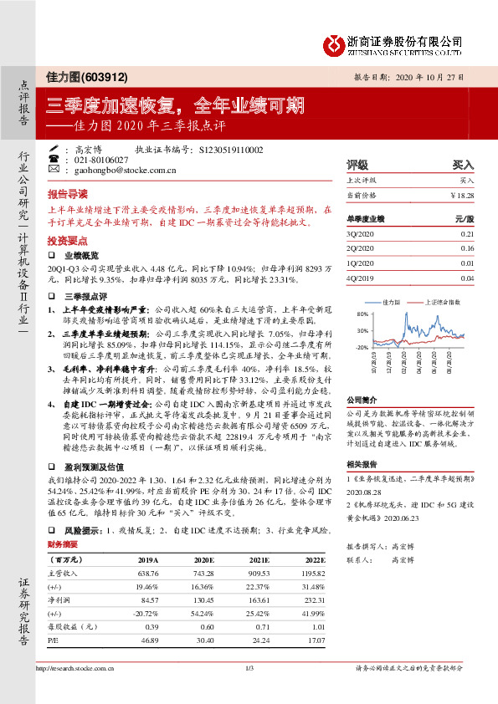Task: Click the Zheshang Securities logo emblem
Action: tap(336, 43)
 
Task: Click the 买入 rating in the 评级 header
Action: tap(464, 165)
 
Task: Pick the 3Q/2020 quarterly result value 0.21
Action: tap(467, 235)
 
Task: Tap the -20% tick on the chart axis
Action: tap(362, 345)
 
